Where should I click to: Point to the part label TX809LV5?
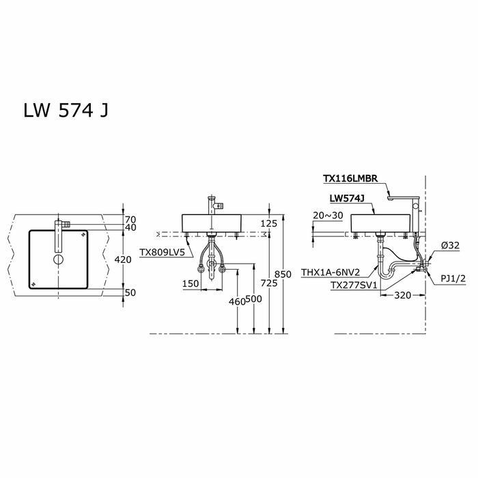tap(162, 252)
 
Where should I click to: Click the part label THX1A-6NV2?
tap(331, 272)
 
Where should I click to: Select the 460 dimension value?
tap(236, 301)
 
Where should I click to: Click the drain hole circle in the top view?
tap(57, 259)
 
